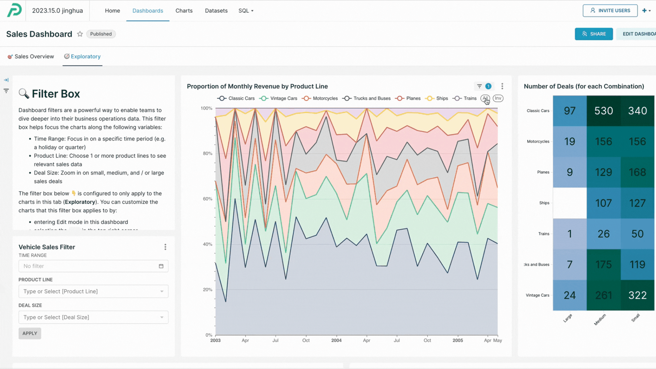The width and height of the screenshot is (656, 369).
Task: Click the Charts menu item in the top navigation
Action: pyautogui.click(x=184, y=11)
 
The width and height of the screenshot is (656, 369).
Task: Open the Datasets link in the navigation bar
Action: pyautogui.click(x=216, y=11)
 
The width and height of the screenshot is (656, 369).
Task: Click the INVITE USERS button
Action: pyautogui.click(x=610, y=11)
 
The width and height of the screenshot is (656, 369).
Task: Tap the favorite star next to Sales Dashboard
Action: pyautogui.click(x=80, y=34)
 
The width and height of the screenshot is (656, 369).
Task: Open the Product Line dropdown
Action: pyautogui.click(x=93, y=291)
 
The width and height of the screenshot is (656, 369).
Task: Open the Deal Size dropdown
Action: pyautogui.click(x=93, y=317)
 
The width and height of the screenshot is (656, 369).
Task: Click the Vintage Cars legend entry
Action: pyautogui.click(x=278, y=98)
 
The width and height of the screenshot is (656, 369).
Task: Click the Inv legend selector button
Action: pyautogui.click(x=498, y=98)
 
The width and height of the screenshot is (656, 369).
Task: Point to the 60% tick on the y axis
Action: pyautogui.click(x=207, y=199)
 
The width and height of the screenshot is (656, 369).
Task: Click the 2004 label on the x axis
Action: pyautogui.click(x=336, y=340)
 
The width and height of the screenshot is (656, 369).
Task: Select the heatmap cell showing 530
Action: pyautogui.click(x=603, y=111)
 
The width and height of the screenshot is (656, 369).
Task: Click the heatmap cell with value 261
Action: pyautogui.click(x=603, y=295)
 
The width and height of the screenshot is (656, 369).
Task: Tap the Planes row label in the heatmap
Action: pyautogui.click(x=543, y=172)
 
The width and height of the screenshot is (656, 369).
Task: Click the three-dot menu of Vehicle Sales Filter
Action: pyautogui.click(x=165, y=247)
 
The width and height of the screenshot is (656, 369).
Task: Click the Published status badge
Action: pyautogui.click(x=101, y=34)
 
